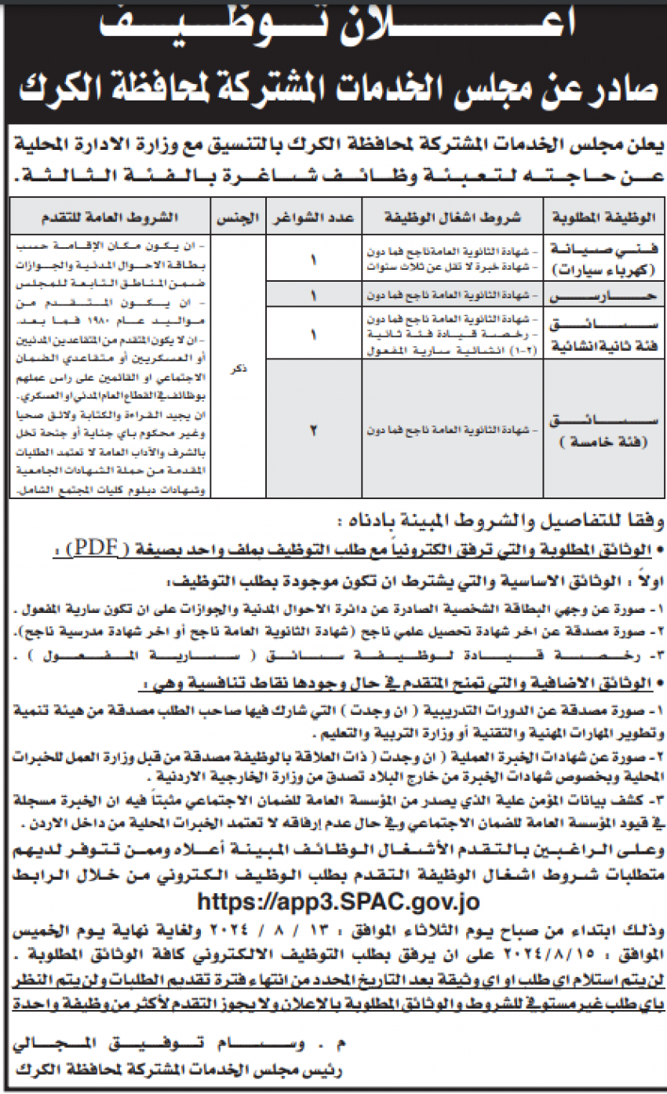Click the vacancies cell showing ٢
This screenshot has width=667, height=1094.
pos(314,429)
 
